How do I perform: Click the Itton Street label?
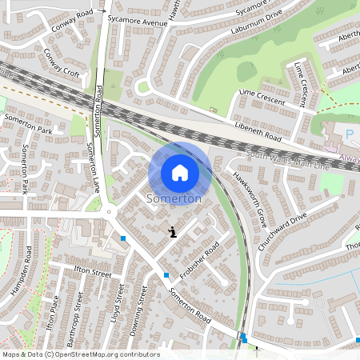[x=91, y=273]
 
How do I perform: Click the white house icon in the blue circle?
[x=180, y=172]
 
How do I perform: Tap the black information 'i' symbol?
[x=173, y=231]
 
